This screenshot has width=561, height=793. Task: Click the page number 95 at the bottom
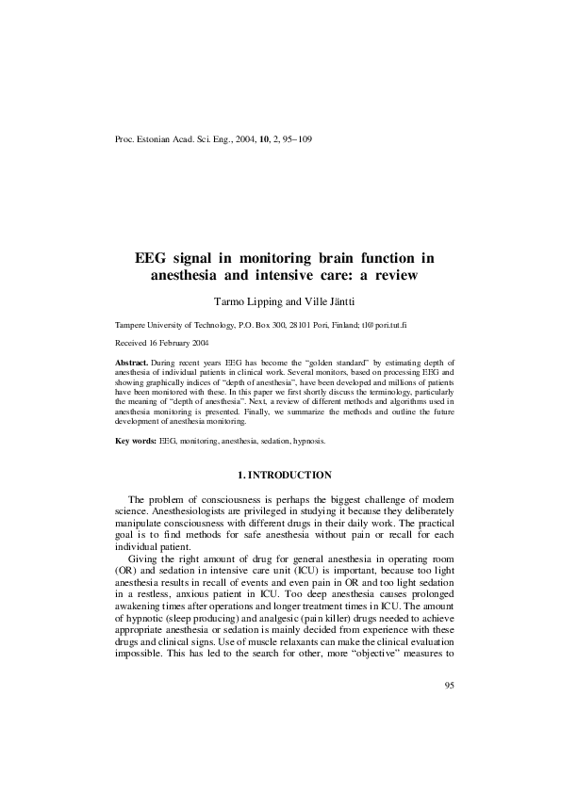[449, 736]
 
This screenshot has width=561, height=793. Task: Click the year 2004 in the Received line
[196, 343]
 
